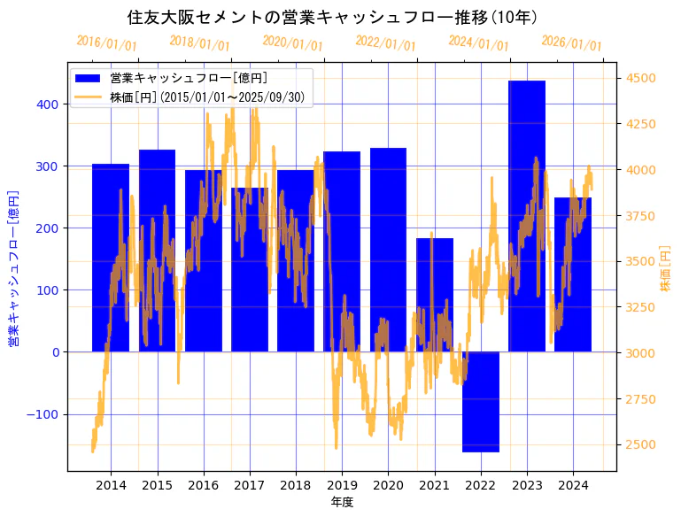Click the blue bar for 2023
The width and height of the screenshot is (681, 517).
coord(527,216)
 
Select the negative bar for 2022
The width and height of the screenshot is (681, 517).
coord(481,402)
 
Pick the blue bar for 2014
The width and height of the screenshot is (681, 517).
coord(111,258)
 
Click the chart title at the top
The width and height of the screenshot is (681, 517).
coord(332,17)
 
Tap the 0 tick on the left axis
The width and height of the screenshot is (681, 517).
coord(55,352)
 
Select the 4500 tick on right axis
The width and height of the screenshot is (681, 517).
coord(641,78)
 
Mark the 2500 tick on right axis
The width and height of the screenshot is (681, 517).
coord(641,444)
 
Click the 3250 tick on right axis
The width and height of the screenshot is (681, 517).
coord(641,307)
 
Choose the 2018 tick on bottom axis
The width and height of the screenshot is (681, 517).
coord(296,485)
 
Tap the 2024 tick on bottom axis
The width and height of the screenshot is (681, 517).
coord(573,485)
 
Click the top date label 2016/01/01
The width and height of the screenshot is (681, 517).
coord(106,42)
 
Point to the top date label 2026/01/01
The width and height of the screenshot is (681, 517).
coord(571,43)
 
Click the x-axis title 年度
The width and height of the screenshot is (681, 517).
coord(342,502)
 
